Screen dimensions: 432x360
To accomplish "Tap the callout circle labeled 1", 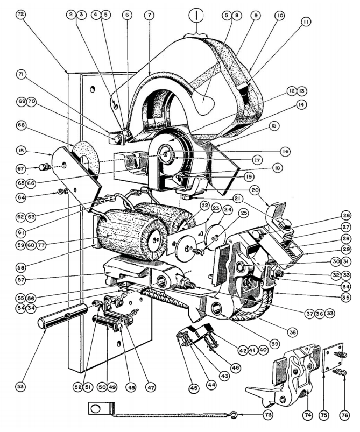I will click(197, 15).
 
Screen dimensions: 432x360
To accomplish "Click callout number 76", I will click(344, 415).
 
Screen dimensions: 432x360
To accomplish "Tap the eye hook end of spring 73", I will click(234, 415).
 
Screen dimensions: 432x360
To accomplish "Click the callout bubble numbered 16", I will click(285, 152).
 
